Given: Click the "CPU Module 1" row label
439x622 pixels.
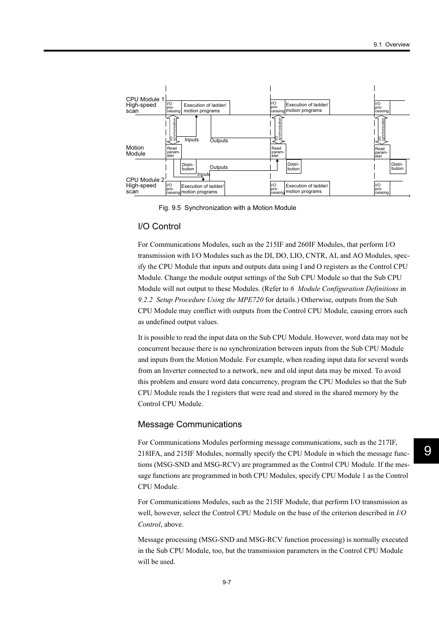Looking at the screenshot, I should (144, 99).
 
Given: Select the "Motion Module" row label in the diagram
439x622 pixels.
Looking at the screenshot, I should (135, 151).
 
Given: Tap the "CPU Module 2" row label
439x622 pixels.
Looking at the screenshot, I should (145, 180).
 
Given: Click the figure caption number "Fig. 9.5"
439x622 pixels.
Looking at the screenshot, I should (170, 208).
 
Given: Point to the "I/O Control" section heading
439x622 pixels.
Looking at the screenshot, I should (159, 227).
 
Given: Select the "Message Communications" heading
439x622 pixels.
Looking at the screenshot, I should (190, 424).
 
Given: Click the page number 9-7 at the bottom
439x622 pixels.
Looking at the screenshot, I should (226, 582).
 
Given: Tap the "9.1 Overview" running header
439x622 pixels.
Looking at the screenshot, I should (391, 45).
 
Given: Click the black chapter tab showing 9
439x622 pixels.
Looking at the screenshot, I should (427, 451).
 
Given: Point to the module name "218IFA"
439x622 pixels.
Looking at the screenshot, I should (150, 454).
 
